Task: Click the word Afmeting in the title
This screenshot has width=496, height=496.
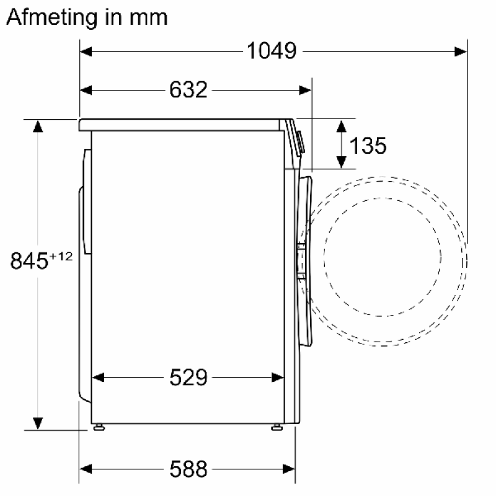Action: [x=52, y=17]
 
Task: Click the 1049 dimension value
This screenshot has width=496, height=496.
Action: [x=272, y=51]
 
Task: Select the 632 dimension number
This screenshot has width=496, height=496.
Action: [x=188, y=89]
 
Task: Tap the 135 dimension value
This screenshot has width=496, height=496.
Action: [x=368, y=146]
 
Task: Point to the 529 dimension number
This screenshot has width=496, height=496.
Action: [x=188, y=377]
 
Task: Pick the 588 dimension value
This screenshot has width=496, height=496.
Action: [x=188, y=469]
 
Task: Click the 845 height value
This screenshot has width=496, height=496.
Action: [x=29, y=261]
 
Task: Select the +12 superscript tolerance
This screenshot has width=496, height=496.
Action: [x=61, y=256]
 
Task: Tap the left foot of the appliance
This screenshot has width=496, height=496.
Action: [x=99, y=427]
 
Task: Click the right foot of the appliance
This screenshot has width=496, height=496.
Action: [x=277, y=427]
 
